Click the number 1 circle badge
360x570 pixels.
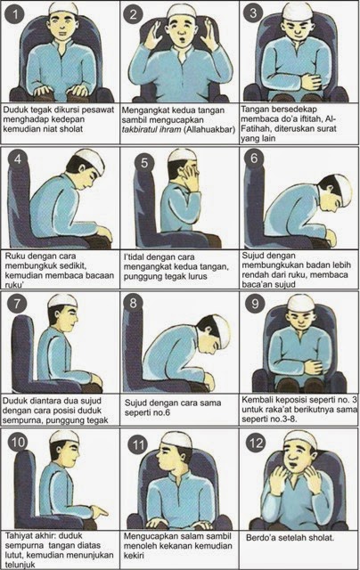point(14,14)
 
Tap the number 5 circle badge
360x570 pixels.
point(144,162)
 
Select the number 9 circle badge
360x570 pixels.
point(255,303)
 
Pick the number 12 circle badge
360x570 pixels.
point(256,444)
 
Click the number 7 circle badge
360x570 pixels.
point(17,303)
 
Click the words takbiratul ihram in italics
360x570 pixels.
point(151,129)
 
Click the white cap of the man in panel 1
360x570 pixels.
point(63,8)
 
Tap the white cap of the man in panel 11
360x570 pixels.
point(176,439)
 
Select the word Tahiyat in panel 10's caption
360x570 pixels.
point(18,535)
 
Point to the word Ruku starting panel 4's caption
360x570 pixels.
point(13,256)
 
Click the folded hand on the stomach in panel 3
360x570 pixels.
point(311,81)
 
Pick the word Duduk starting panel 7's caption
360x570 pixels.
point(13,401)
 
